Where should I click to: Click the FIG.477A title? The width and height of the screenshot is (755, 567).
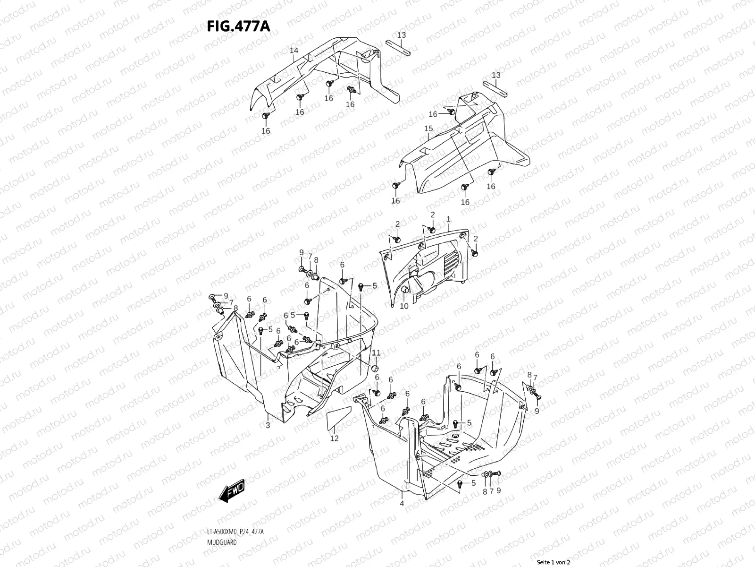click(238, 26)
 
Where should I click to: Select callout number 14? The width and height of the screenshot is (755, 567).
click(294, 51)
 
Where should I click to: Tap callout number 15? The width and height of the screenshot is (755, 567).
click(428, 129)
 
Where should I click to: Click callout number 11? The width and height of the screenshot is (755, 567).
click(376, 353)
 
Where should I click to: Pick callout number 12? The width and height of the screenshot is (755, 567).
click(334, 438)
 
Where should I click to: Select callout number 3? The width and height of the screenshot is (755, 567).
click(268, 426)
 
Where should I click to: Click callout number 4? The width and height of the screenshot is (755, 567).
click(402, 504)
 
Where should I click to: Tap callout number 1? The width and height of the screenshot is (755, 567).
click(448, 219)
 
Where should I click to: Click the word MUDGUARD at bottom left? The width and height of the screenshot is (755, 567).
click(221, 542)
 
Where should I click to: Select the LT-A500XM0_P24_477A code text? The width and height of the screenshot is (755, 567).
click(235, 532)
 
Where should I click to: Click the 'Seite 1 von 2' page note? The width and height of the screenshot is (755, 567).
click(554, 562)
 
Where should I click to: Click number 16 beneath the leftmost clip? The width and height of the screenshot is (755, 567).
click(266, 131)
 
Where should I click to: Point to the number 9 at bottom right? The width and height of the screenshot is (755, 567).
click(498, 490)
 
